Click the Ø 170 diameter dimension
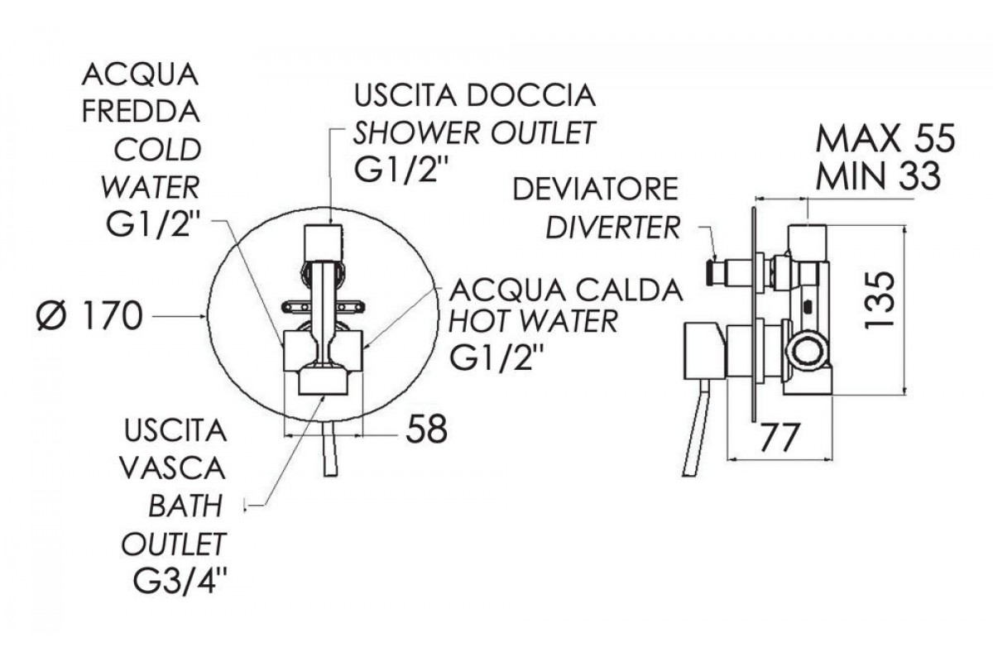tap(90, 316)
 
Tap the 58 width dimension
tap(426, 429)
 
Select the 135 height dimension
tap(880, 300)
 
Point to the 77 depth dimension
tap(780, 438)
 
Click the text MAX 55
tap(885, 139)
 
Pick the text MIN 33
tap(879, 176)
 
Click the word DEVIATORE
tap(595, 189)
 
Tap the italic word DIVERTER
tap(612, 228)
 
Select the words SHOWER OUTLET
tap(473, 132)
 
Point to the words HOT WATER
tap(533, 321)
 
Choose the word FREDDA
tap(141, 113)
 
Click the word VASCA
tap(173, 468)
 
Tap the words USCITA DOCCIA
tap(474, 95)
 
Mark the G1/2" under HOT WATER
tap(497, 357)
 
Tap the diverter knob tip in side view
tap(712, 273)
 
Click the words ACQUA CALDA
tap(566, 291)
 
